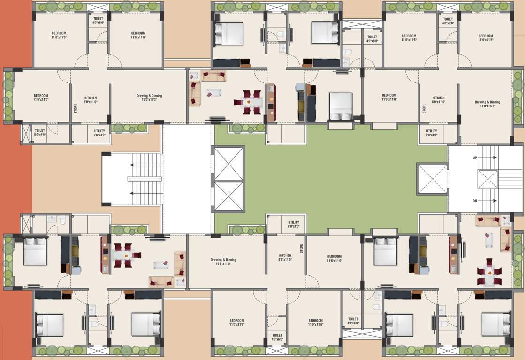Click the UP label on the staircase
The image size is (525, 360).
474,158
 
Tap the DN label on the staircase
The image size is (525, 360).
474,200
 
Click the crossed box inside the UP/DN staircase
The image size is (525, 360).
487,179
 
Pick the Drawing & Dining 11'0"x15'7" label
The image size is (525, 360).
487,104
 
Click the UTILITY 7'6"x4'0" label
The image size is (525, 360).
99,133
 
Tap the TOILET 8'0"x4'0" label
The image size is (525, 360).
39,133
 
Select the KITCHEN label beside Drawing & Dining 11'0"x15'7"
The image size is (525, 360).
438,99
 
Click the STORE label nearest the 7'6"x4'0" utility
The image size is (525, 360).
76,108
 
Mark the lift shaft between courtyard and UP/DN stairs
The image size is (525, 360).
432,179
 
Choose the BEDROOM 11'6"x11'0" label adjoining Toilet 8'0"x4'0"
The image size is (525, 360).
41,97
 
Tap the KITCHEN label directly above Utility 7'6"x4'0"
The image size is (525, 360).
91,99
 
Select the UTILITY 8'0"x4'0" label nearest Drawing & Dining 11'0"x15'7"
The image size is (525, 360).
431,133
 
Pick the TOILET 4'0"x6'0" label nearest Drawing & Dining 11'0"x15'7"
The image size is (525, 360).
448,21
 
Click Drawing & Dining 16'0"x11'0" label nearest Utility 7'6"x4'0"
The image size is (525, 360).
149,97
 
